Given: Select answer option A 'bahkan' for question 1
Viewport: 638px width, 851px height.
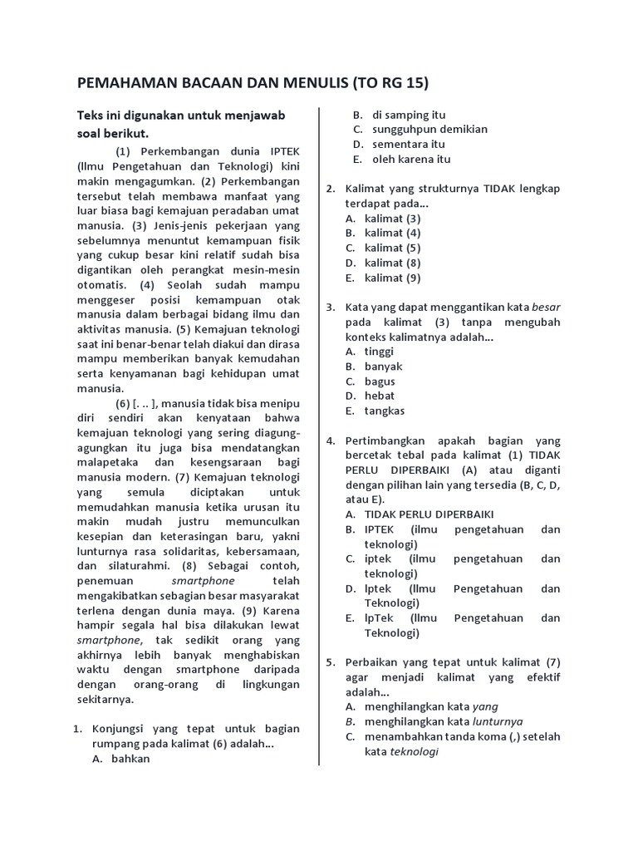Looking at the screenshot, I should (130, 758).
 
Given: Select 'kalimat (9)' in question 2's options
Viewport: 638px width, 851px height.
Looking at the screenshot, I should (392, 278).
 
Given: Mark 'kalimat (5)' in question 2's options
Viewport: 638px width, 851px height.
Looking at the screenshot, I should (392, 248).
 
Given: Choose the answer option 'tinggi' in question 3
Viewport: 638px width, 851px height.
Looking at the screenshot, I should (379, 352).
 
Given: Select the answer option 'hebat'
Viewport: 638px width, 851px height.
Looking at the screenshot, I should (379, 396).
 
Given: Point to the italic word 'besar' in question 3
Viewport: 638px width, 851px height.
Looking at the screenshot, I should (546, 307).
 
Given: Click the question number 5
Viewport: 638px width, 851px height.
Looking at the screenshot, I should (330, 662).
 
